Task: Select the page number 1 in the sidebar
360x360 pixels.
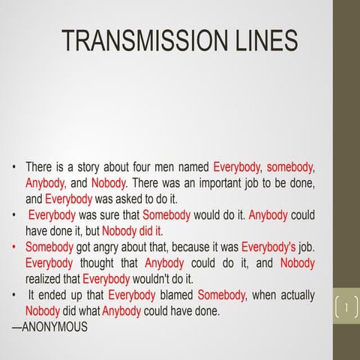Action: [x=346, y=307]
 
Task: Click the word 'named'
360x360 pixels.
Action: [x=194, y=166]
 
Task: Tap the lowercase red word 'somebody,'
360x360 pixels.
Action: [x=290, y=166]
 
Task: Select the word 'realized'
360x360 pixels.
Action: [x=43, y=279]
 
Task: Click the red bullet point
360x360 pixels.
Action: [x=13, y=247]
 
